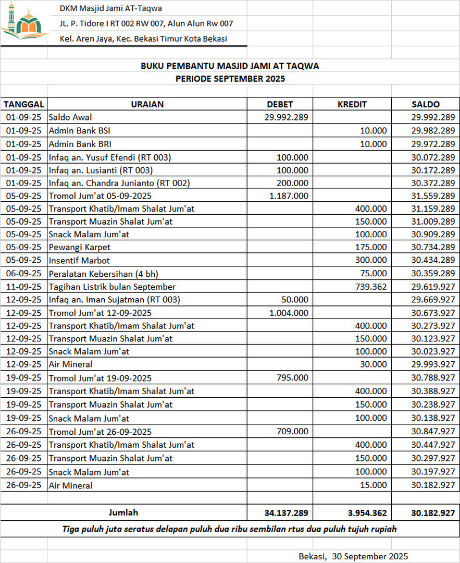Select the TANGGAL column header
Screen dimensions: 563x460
pyautogui.click(x=23, y=104)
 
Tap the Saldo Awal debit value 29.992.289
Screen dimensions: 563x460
pyautogui.click(x=286, y=117)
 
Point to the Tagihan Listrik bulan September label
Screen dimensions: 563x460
pyautogui.click(x=112, y=287)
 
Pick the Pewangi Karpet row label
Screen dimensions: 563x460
pyautogui.click(x=80, y=247)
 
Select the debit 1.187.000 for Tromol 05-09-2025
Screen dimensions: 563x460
pyautogui.click(x=289, y=195)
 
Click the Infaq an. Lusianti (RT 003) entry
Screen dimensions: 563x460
pyautogui.click(x=101, y=170)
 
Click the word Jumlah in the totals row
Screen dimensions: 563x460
pyautogui.click(x=123, y=512)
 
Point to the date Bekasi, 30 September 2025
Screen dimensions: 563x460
pyautogui.click(x=353, y=556)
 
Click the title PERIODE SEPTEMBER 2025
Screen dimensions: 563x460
pyautogui.click(x=230, y=79)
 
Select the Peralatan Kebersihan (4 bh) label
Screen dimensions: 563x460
pyautogui.click(x=103, y=273)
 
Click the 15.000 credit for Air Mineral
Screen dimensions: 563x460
pyautogui.click(x=374, y=485)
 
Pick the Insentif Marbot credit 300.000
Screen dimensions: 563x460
pyautogui.click(x=371, y=260)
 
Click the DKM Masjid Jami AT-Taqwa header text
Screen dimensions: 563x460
pyautogui.click(x=110, y=8)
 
